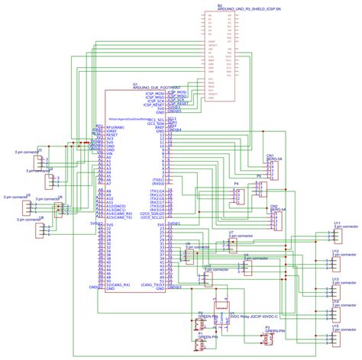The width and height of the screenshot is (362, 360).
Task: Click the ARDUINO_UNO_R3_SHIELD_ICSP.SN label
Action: click(238, 8)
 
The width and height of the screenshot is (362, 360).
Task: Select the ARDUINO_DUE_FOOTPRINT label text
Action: click(161, 88)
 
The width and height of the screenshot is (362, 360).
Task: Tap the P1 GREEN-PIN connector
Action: click(200, 343)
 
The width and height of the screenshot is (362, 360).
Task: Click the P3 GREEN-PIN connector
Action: click(267, 337)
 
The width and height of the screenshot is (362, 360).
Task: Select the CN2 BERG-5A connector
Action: click(273, 218)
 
